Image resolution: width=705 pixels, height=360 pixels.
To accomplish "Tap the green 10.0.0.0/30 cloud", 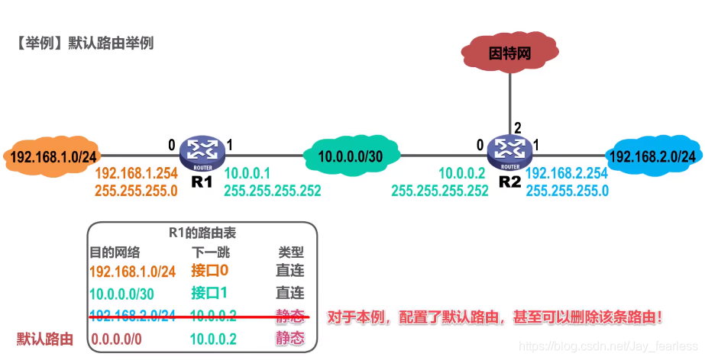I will click(350, 156).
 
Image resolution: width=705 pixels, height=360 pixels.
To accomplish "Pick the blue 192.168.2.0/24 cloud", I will click(654, 156).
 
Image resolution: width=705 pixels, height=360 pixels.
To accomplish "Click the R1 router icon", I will click(202, 153).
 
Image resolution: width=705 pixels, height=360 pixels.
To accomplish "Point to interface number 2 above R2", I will click(517, 127).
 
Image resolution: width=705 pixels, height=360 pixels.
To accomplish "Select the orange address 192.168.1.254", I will click(136, 174).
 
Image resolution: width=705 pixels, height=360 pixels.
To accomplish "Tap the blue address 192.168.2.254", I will click(567, 174).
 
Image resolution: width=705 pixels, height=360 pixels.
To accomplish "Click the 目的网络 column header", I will click(115, 252).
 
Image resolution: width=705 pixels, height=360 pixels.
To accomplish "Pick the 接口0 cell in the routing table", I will click(210, 271).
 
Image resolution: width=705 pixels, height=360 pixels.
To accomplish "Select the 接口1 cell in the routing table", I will click(210, 293).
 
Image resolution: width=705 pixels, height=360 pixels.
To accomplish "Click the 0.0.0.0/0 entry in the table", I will click(121, 339).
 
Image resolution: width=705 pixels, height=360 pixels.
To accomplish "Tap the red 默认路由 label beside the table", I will click(45, 339).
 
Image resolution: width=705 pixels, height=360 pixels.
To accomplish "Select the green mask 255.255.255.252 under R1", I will click(273, 191).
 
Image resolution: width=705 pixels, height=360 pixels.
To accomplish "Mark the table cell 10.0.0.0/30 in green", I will click(122, 294).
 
